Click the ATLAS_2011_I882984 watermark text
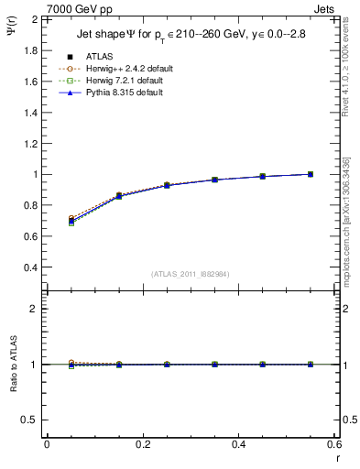[191, 274]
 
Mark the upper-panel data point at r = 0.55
[311, 174]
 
